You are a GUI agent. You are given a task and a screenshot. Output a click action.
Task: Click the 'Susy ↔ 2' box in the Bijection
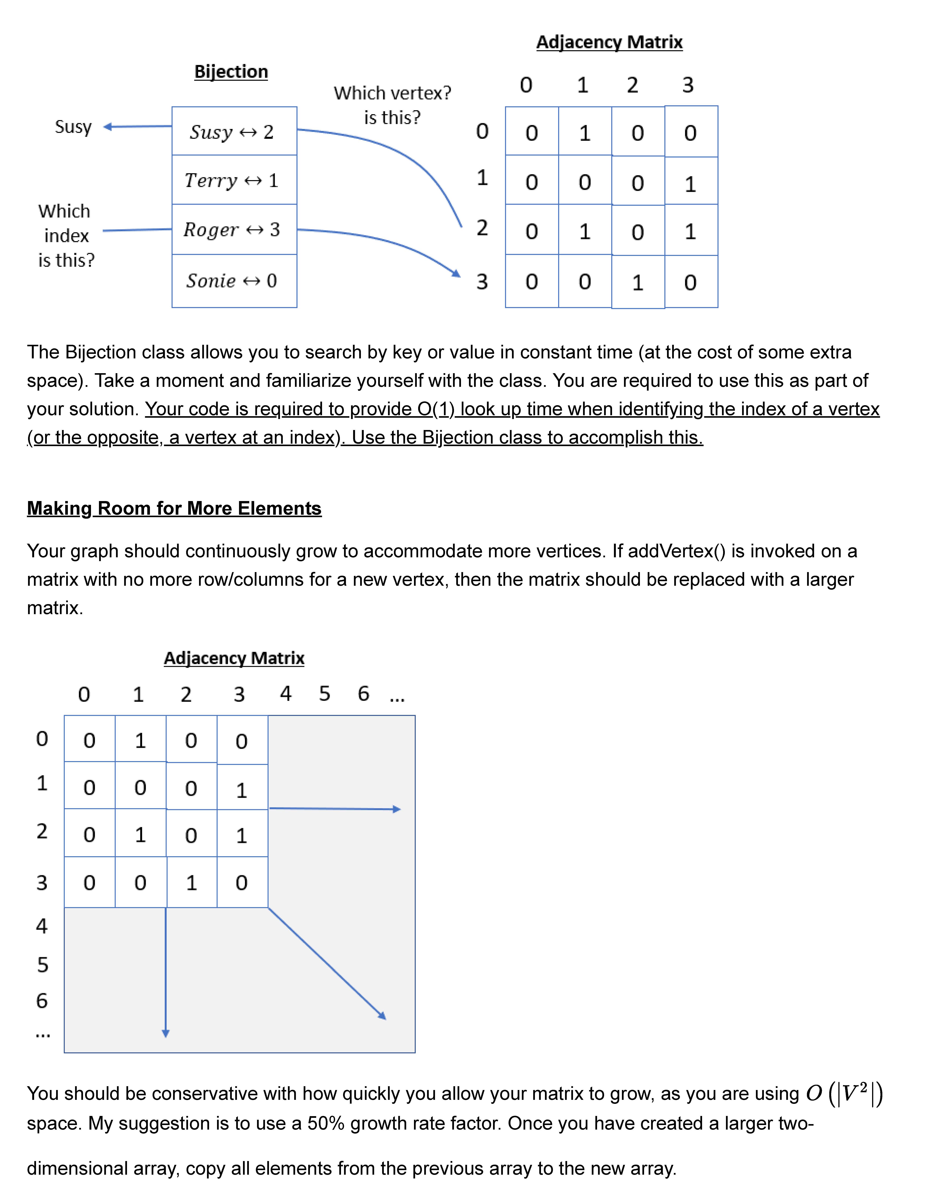[234, 131]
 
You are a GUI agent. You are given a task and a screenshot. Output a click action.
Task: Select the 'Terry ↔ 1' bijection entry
[234, 180]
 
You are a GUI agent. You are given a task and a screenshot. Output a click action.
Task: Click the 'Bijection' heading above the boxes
[231, 71]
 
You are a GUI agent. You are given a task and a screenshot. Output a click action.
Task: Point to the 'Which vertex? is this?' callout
[392, 105]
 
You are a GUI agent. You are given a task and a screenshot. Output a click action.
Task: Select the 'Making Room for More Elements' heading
[174, 508]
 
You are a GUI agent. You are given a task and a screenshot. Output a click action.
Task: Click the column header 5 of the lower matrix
[325, 694]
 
